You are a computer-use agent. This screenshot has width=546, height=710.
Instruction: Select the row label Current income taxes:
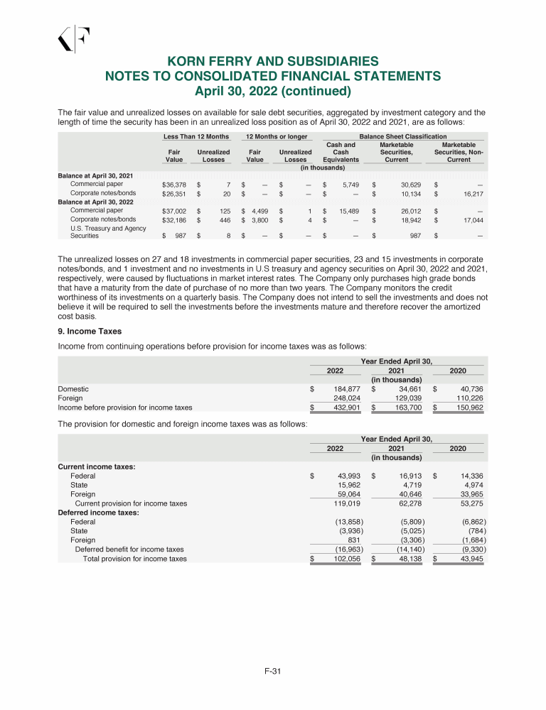pyautogui.click(x=86, y=466)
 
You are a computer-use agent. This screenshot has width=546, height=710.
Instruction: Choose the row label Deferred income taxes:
pyautogui.click(x=88, y=513)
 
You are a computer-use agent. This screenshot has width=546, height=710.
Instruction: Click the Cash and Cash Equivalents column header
pyautogui.click(x=341, y=152)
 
